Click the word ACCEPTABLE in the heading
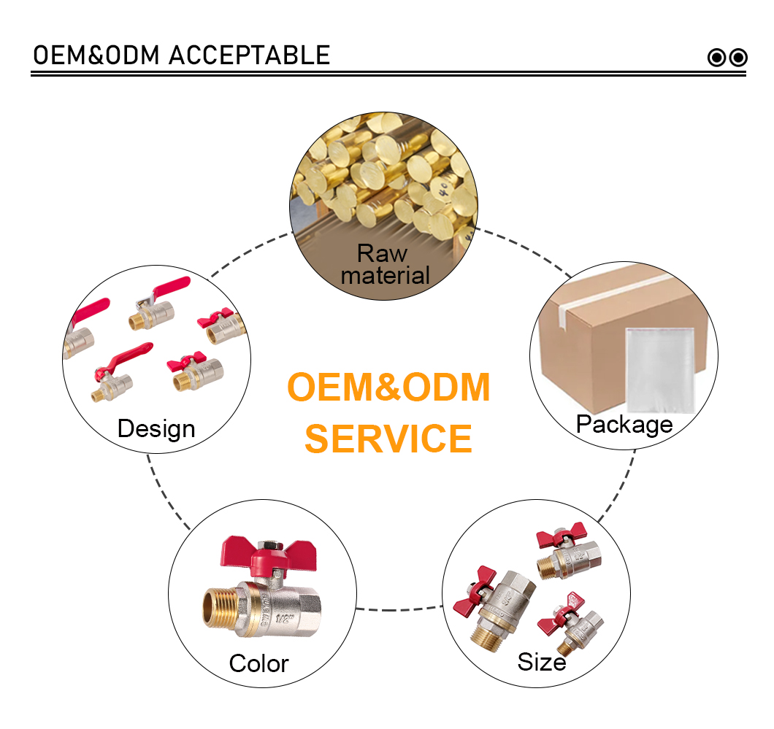click(249, 55)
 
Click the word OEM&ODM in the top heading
click(96, 55)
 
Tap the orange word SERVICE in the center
click(388, 439)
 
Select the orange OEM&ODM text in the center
click(388, 387)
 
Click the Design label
click(156, 429)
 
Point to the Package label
click(624, 425)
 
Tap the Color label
click(258, 663)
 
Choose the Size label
click(542, 662)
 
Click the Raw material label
click(385, 264)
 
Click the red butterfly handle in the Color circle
click(268, 554)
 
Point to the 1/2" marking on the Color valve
click(284, 619)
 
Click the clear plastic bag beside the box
click(661, 371)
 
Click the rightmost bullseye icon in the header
click(738, 58)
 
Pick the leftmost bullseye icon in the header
click(717, 58)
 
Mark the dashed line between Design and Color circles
click(167, 493)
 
